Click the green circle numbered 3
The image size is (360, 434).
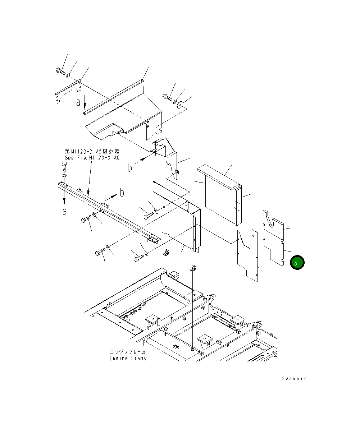(297, 263)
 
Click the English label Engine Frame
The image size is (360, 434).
(128, 358)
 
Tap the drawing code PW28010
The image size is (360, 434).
(294, 379)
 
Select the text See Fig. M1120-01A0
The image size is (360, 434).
(92, 158)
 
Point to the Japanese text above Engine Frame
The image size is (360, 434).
(128, 352)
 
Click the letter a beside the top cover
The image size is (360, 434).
(78, 102)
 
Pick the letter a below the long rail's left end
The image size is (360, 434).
(64, 212)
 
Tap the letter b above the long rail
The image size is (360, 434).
(122, 193)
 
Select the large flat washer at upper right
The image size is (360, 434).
(181, 104)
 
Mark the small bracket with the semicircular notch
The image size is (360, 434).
(68, 93)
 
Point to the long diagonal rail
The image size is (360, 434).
(108, 212)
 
